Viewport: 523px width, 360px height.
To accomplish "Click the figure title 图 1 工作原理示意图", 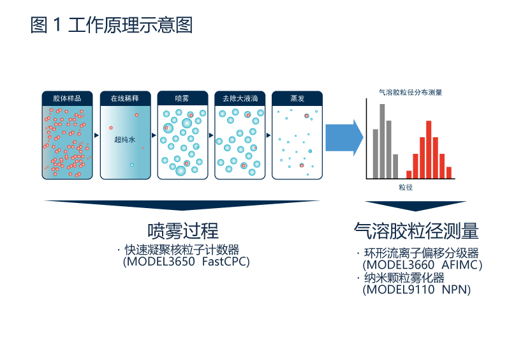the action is pos(112,26).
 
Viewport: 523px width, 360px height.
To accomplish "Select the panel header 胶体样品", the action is pos(67,98).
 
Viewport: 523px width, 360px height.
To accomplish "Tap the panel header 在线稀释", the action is pos(125,98).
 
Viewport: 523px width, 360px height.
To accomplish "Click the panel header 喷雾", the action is pos(182,98).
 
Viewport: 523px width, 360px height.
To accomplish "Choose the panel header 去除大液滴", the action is pos(240,98).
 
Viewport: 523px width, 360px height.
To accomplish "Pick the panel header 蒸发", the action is pos(297,98).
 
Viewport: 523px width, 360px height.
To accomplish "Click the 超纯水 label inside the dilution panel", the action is pos(125,140).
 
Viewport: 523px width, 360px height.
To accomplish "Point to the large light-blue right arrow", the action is pos(344,138).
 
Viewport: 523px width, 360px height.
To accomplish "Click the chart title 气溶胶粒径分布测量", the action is pos(411,92).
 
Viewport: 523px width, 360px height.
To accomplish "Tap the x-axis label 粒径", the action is pos(406,188).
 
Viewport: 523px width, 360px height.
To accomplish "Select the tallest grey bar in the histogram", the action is pos(382,141).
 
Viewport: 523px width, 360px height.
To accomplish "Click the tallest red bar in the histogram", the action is pos(429,149).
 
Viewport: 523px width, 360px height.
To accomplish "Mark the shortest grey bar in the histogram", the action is pos(395,167).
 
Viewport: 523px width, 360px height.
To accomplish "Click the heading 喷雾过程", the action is pos(183,231).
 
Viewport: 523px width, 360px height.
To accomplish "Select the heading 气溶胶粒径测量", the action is pos(416,231).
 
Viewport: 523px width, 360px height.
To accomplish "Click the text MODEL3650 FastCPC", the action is pos(186,262).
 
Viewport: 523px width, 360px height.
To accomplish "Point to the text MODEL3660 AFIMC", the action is pos(423,265).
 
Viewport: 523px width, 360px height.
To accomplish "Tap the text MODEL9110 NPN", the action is pos(416,289).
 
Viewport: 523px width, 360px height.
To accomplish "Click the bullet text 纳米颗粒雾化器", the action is pos(404,278).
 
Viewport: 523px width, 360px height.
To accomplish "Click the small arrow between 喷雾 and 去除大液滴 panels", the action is pos(211,135).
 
